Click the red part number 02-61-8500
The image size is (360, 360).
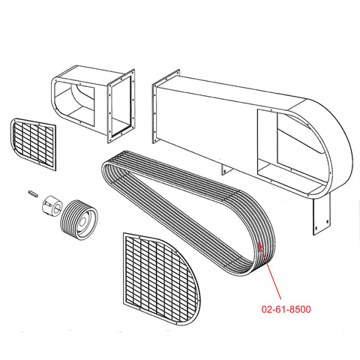point(286,310)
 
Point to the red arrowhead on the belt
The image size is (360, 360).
point(260,245)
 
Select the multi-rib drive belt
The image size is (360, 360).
point(188,213)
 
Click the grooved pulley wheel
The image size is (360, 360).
point(79,220)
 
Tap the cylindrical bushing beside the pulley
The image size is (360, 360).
point(52,204)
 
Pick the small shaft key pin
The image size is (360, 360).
point(33,193)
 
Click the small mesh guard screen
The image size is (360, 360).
point(33,144)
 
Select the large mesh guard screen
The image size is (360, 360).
point(161,279)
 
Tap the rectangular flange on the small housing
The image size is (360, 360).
point(121,106)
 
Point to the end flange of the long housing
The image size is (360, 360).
point(166,106)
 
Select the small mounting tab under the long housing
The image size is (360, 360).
point(226,169)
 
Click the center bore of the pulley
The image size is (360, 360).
point(82,221)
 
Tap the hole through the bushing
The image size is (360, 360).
point(57,206)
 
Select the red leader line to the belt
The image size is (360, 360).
point(271,272)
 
